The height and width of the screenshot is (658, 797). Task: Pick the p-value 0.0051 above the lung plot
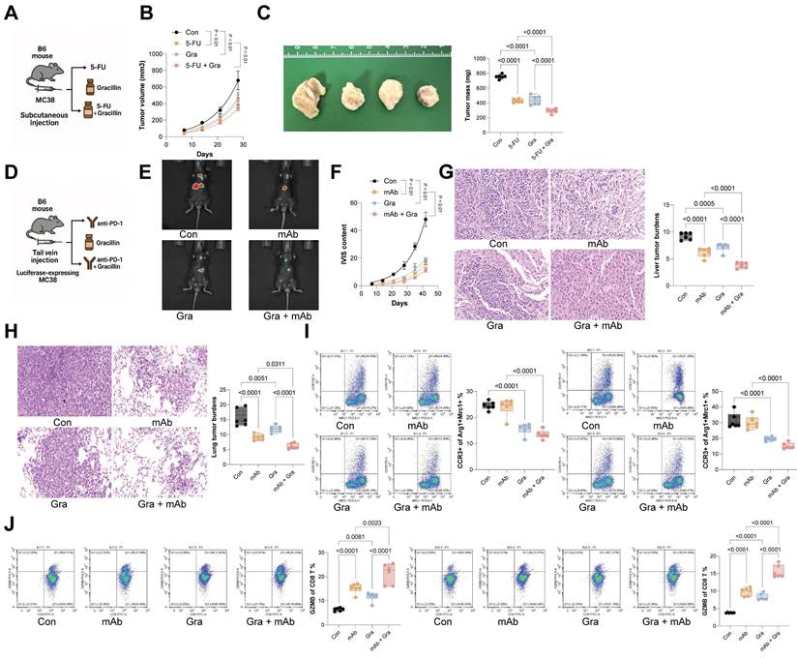[x=280, y=351]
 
